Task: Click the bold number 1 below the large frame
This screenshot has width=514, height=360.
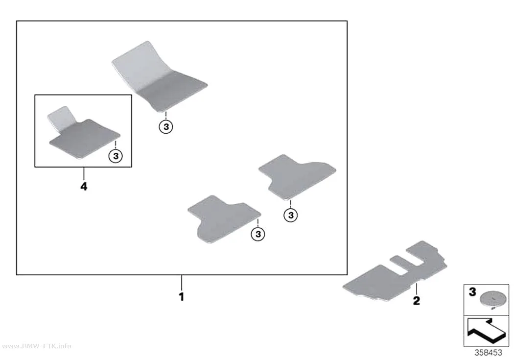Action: point(181,297)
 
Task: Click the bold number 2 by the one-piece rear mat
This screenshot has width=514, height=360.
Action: point(416,301)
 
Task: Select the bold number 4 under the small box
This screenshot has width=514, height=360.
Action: point(84,187)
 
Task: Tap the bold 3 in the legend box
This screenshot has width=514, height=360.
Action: point(472,292)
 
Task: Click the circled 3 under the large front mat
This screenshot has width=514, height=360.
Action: point(166,126)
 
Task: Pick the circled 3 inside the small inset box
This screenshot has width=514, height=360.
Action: point(116,156)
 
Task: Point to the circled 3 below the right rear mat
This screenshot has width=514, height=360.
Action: point(291,216)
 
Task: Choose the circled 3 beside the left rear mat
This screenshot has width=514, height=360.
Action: point(258,234)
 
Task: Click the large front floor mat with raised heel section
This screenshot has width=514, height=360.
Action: point(159,77)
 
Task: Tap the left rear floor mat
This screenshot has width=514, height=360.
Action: point(224,219)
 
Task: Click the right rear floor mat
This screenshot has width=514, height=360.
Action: point(297,176)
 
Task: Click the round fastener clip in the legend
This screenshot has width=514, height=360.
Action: point(492,299)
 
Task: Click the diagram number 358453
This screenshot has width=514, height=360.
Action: point(488,353)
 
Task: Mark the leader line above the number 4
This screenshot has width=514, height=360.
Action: point(84,174)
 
